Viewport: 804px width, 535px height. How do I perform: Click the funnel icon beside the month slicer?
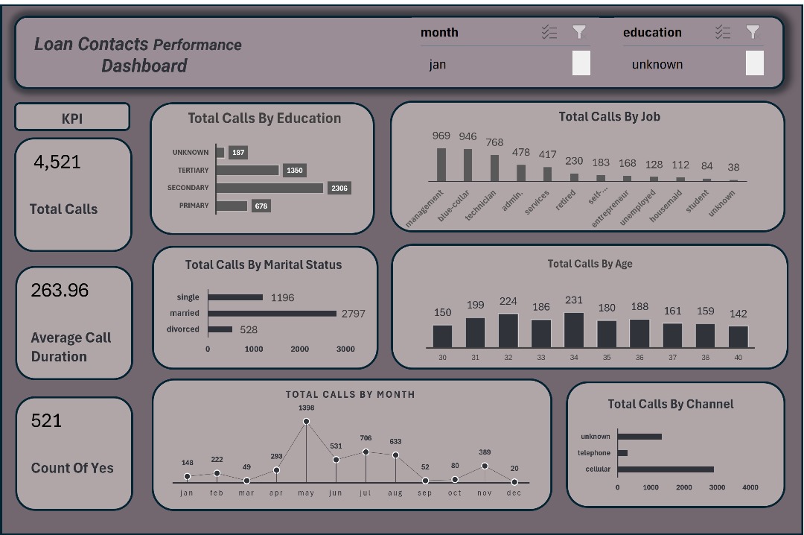(x=579, y=32)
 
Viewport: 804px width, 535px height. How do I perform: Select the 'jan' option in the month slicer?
(x=438, y=64)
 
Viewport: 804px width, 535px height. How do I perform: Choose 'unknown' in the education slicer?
(x=657, y=64)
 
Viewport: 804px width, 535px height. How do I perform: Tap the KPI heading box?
(x=72, y=118)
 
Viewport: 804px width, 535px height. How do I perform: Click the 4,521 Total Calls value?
(x=57, y=162)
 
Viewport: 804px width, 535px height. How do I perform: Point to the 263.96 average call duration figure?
(x=60, y=290)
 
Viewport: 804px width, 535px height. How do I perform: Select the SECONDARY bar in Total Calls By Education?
(x=269, y=188)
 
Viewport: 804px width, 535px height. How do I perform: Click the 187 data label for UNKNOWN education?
(x=238, y=153)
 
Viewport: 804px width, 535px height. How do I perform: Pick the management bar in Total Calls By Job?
(x=441, y=165)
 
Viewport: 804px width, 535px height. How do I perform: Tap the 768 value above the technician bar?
(x=494, y=142)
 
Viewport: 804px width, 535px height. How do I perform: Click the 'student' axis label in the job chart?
(x=698, y=202)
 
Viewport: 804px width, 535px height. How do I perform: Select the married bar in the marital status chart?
(x=272, y=314)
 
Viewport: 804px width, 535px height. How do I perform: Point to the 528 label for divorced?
(x=249, y=329)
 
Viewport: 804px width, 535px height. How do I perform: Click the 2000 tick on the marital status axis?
(x=299, y=349)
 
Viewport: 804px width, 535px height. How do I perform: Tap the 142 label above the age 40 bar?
(x=738, y=314)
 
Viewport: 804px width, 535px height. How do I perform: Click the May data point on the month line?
(x=306, y=422)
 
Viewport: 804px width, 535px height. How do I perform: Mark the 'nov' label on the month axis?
(x=485, y=493)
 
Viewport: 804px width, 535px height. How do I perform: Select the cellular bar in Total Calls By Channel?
(x=665, y=469)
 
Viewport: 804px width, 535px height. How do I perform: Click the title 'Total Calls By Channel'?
(x=670, y=404)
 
